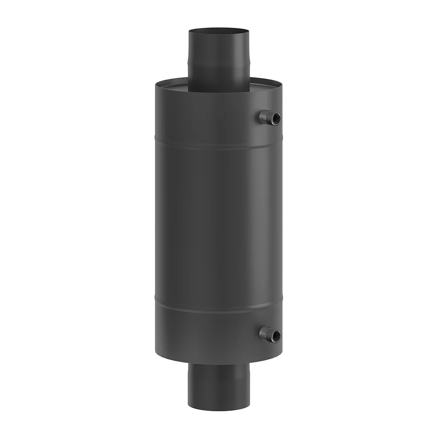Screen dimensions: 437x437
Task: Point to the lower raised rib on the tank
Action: coord(218,309)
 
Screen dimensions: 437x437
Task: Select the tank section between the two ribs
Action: coord(218,227)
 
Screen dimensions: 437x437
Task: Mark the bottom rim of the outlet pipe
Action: coord(218,409)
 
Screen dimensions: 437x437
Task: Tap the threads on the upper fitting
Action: coord(264,117)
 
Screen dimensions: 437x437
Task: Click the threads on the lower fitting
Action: coord(264,334)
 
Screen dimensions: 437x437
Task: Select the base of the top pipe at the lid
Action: coord(218,91)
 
